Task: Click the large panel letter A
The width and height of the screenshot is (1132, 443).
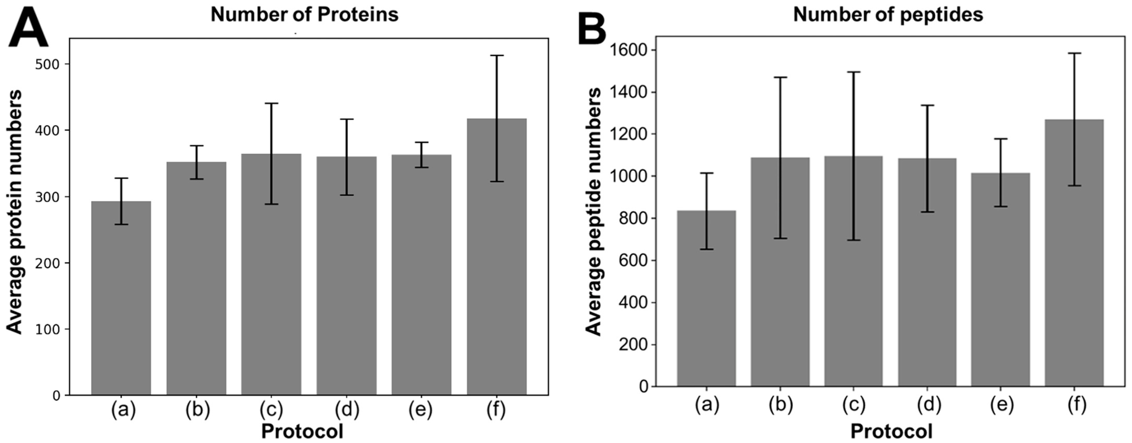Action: (28, 27)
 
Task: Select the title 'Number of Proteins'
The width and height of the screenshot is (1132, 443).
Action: (304, 15)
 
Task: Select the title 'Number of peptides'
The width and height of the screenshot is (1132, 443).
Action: (888, 15)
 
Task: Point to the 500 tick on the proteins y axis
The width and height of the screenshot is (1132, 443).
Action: (49, 64)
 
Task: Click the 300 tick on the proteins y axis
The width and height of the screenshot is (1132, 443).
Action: (49, 197)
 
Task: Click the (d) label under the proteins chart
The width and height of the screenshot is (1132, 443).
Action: (347, 410)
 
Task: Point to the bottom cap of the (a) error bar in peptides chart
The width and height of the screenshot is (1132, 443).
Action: (707, 249)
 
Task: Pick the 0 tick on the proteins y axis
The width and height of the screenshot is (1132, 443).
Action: (56, 395)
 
